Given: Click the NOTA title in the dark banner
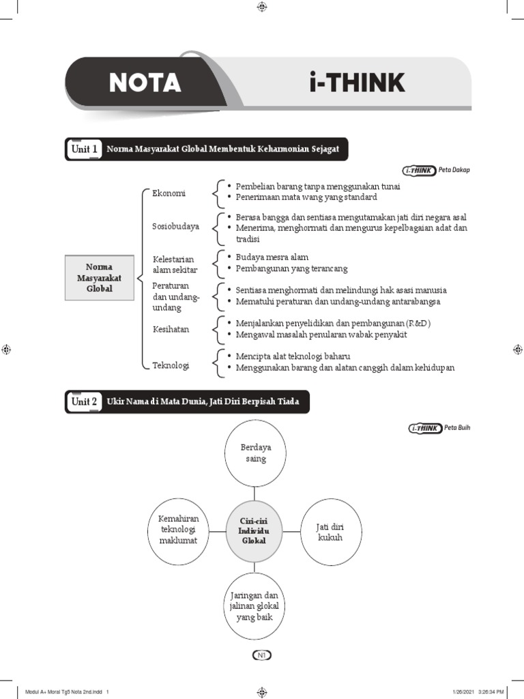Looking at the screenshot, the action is pos(145,83).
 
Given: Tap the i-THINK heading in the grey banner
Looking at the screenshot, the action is pos(355,83).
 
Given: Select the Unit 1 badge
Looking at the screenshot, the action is pos(85,149).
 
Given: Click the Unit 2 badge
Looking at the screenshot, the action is pos(85,401).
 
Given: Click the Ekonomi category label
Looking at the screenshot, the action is pos(169,193).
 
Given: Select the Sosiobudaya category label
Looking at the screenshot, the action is pos(176,226).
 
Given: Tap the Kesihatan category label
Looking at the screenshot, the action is pos(171,329).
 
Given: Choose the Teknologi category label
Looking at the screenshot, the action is pos(171,365).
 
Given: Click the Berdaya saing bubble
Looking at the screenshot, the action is pos(256,453).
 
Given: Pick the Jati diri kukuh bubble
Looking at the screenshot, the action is pos(330,532).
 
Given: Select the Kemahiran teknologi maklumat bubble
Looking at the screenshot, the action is pos(178,530).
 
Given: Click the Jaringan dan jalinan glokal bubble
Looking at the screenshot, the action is pos(256,606).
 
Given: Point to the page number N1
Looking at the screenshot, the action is pos(262,655).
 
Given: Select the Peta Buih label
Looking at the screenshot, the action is pos(457,428).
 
